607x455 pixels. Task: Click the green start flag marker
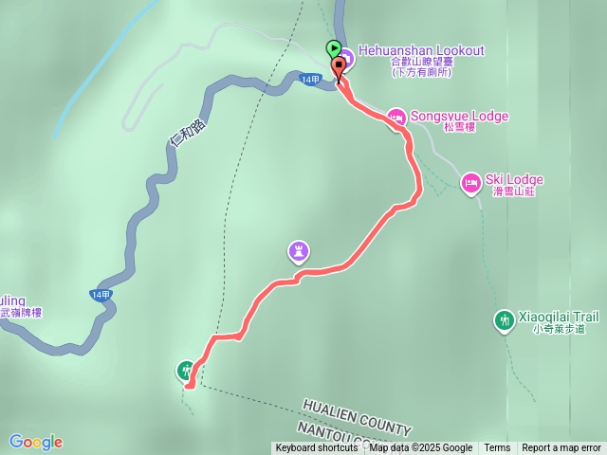tap(334, 48)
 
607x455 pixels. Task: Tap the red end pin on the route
tap(339, 66)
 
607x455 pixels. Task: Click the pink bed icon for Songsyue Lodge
tap(396, 117)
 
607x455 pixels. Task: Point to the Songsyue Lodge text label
tap(460, 116)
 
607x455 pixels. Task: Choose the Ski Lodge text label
tap(514, 179)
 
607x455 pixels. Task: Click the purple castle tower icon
tap(300, 251)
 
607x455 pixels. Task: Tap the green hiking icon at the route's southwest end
tap(186, 371)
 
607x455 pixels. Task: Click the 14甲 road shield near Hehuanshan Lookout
tap(309, 79)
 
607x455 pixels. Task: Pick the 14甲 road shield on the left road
tap(101, 295)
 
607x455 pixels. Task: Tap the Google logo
tap(36, 442)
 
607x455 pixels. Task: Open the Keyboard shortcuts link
tap(317, 448)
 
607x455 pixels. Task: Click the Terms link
tap(497, 448)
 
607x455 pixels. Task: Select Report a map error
tap(561, 448)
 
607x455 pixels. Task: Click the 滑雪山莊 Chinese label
tap(514, 191)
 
